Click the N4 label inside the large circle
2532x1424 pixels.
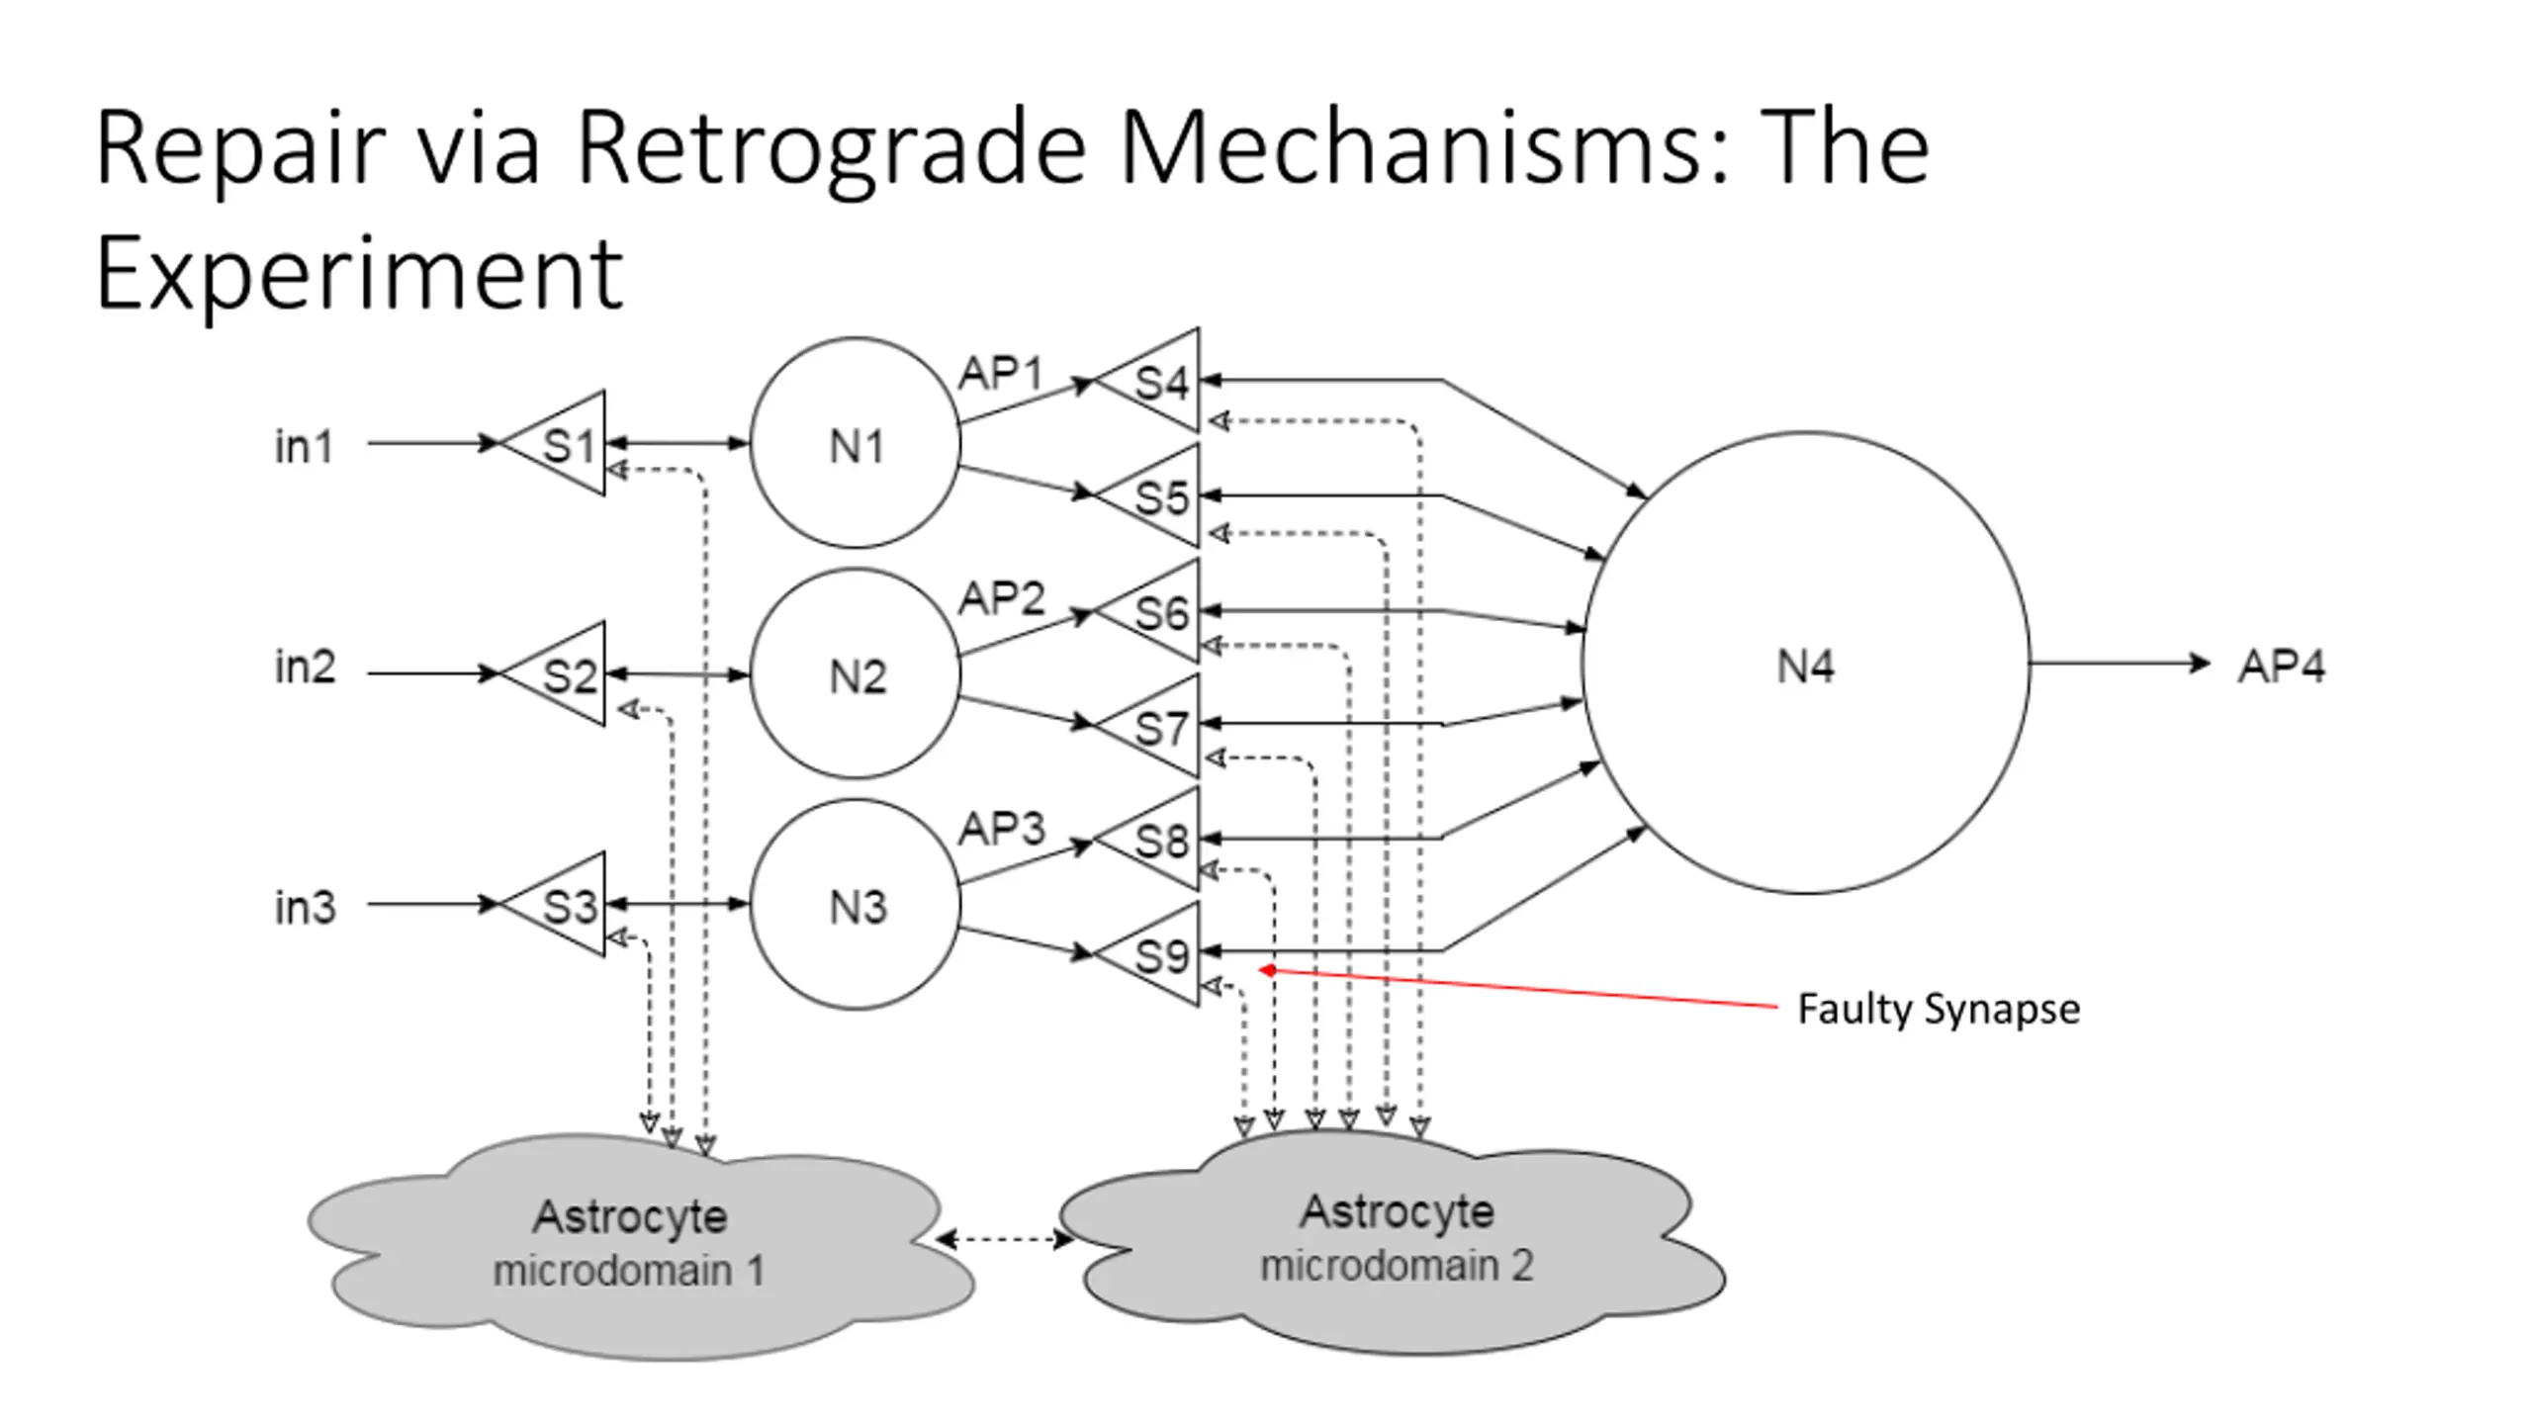click(x=1805, y=667)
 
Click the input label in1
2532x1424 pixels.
click(x=304, y=446)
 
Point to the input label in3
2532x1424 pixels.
click(x=305, y=907)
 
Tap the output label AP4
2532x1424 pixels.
click(x=2282, y=666)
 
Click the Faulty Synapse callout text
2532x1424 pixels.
click(x=1938, y=1010)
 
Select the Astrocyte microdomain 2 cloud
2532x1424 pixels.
click(x=1393, y=1242)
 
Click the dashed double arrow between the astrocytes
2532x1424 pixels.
click(x=1005, y=1238)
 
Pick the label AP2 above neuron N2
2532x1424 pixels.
click(x=1001, y=598)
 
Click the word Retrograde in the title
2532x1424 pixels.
click(x=831, y=147)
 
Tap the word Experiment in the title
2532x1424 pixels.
click(x=359, y=273)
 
